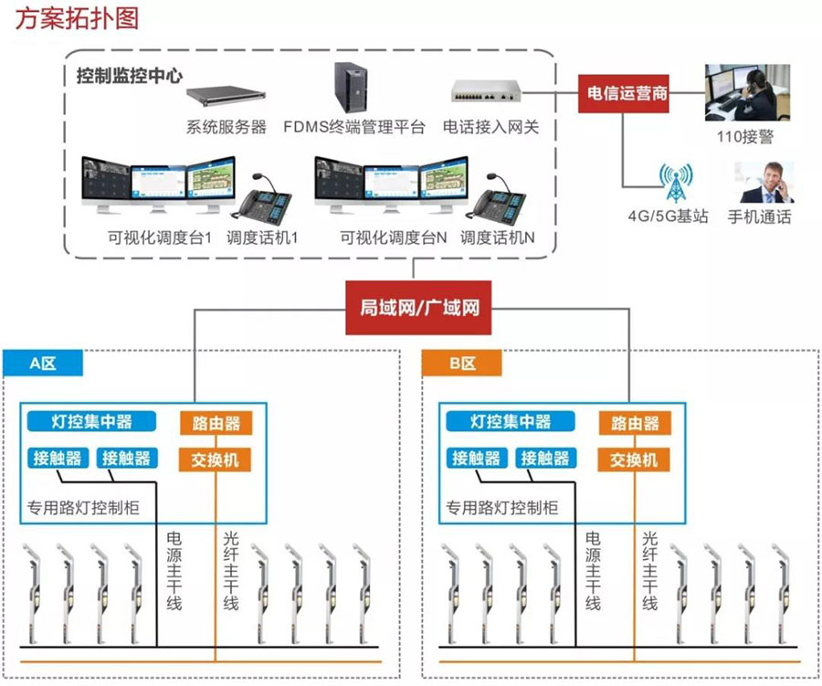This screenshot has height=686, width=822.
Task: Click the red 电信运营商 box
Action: click(x=626, y=93)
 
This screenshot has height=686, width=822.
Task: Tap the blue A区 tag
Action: click(x=43, y=363)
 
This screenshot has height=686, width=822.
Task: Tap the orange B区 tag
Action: click(x=462, y=363)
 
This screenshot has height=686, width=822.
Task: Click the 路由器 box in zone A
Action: click(x=216, y=423)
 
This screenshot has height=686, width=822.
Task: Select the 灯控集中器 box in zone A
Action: click(x=91, y=421)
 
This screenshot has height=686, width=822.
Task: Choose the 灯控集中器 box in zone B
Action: click(x=511, y=421)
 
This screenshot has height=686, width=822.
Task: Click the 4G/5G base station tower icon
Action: click(x=677, y=185)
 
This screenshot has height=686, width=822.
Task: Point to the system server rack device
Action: click(x=225, y=95)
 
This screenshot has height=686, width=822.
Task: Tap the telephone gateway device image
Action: click(x=485, y=91)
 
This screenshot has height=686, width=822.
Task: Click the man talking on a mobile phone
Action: click(x=764, y=183)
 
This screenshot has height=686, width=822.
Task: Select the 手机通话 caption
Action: click(x=759, y=217)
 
